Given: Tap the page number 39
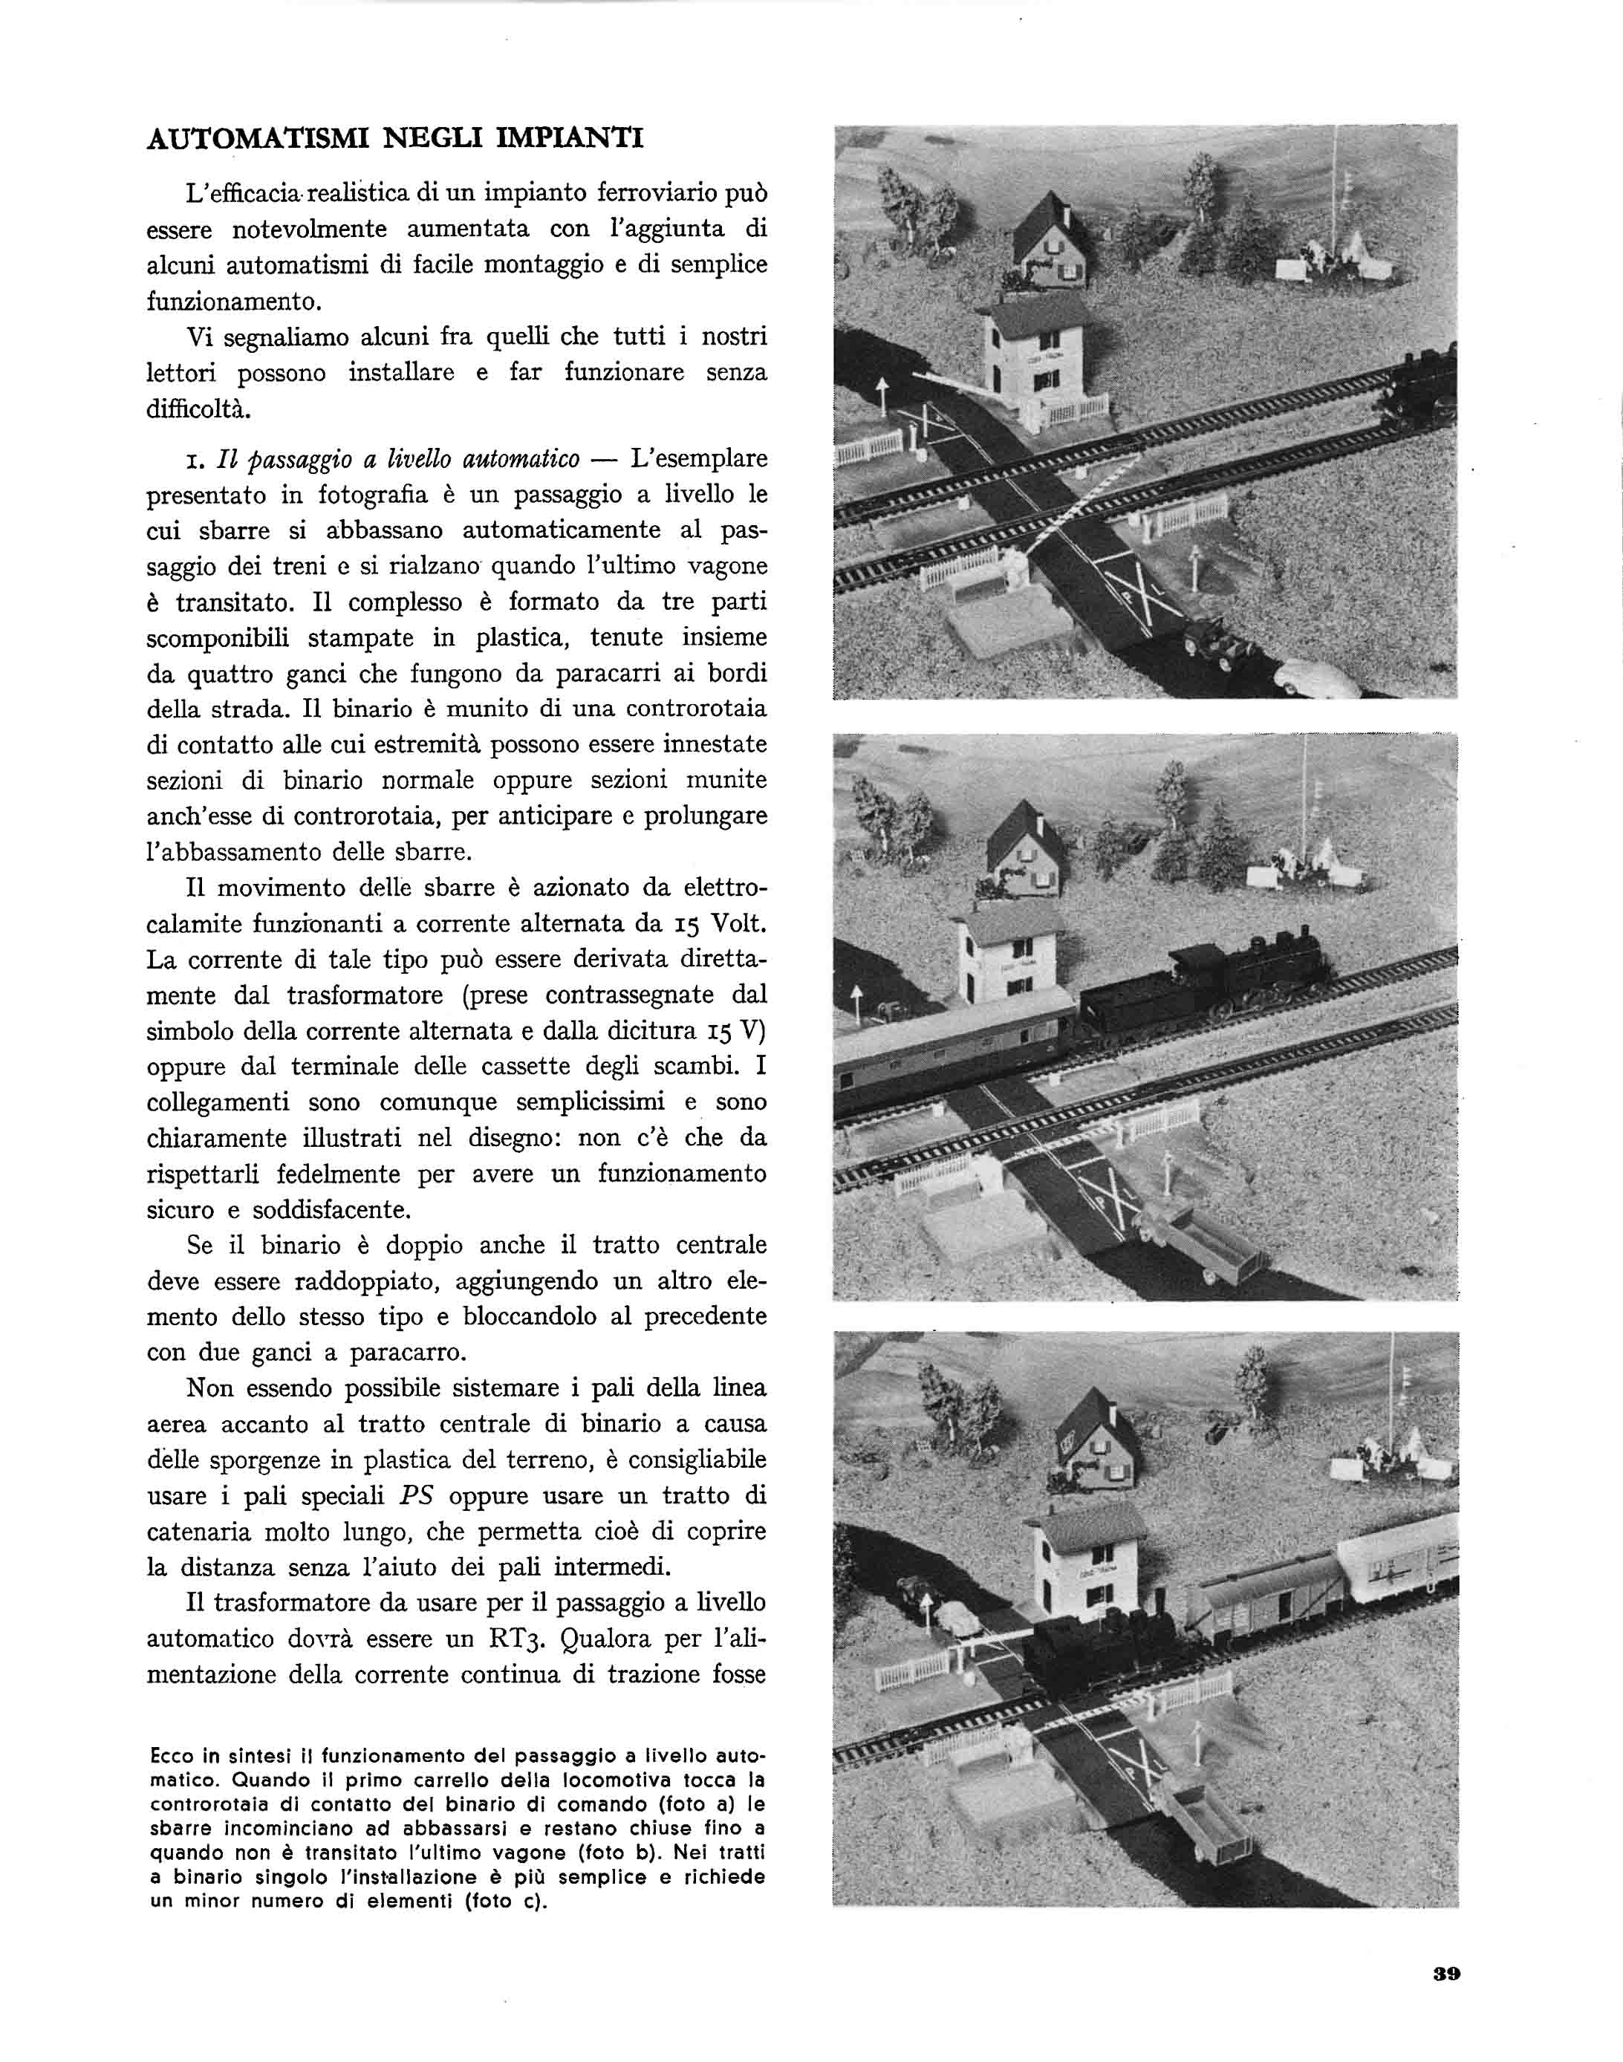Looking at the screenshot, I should [x=1446, y=1974].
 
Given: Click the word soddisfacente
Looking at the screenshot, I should [x=331, y=1210].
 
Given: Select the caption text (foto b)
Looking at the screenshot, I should [x=700, y=1852].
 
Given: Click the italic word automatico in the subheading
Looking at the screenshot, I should [x=521, y=459].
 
